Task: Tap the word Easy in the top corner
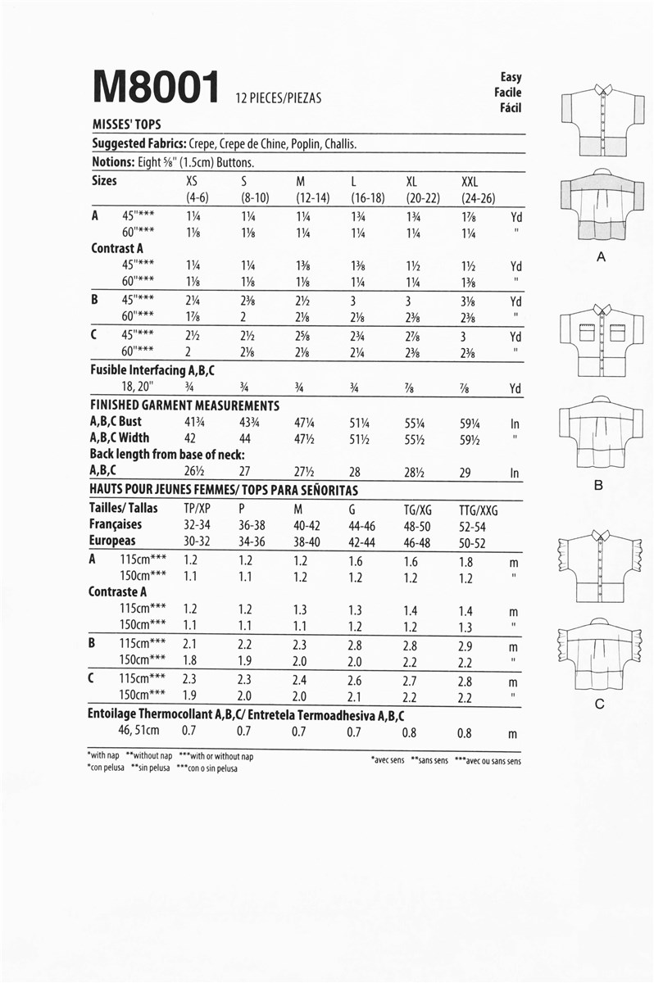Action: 511,77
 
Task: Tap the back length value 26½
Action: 195,472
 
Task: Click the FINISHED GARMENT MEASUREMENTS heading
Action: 184,405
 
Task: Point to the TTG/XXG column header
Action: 479,509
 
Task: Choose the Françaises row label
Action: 116,524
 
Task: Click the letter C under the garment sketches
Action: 599,704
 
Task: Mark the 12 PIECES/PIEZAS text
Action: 279,98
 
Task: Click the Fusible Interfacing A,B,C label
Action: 152,370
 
